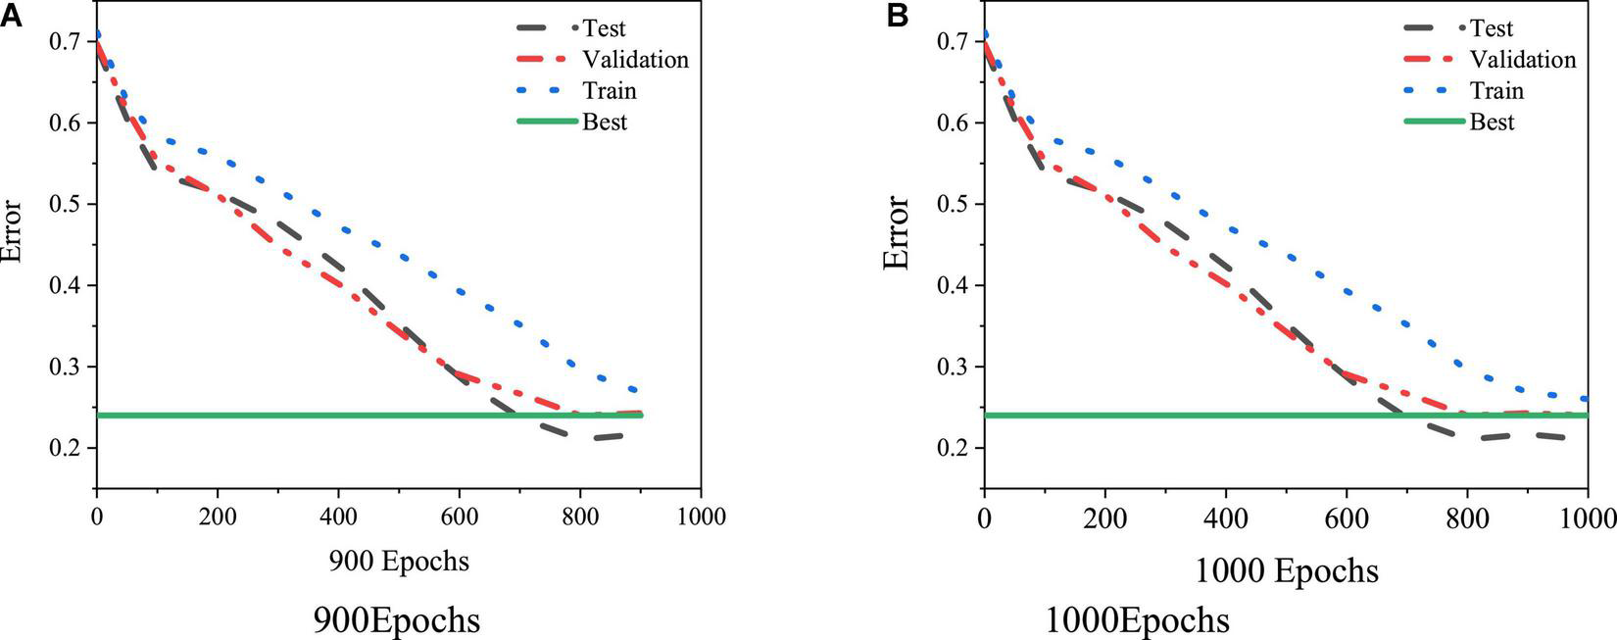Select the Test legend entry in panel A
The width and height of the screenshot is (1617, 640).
[x=604, y=28]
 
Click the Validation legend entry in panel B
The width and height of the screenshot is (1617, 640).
[x=1523, y=60]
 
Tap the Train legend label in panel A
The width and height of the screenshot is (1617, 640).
[x=610, y=91]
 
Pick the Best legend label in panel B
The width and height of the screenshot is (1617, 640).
[x=1492, y=123]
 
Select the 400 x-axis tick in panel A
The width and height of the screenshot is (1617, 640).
[x=338, y=516]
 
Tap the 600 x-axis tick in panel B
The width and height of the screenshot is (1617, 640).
[x=1347, y=516]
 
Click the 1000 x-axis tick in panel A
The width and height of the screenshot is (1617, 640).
[x=701, y=516]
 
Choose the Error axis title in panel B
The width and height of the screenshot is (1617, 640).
[x=897, y=233]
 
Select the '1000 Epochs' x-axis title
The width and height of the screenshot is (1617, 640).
[x=1286, y=570]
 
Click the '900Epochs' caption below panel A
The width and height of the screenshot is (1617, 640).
[x=397, y=620]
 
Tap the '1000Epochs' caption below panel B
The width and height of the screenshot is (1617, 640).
[x=1137, y=620]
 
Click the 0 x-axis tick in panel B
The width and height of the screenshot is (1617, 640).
[x=984, y=516]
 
